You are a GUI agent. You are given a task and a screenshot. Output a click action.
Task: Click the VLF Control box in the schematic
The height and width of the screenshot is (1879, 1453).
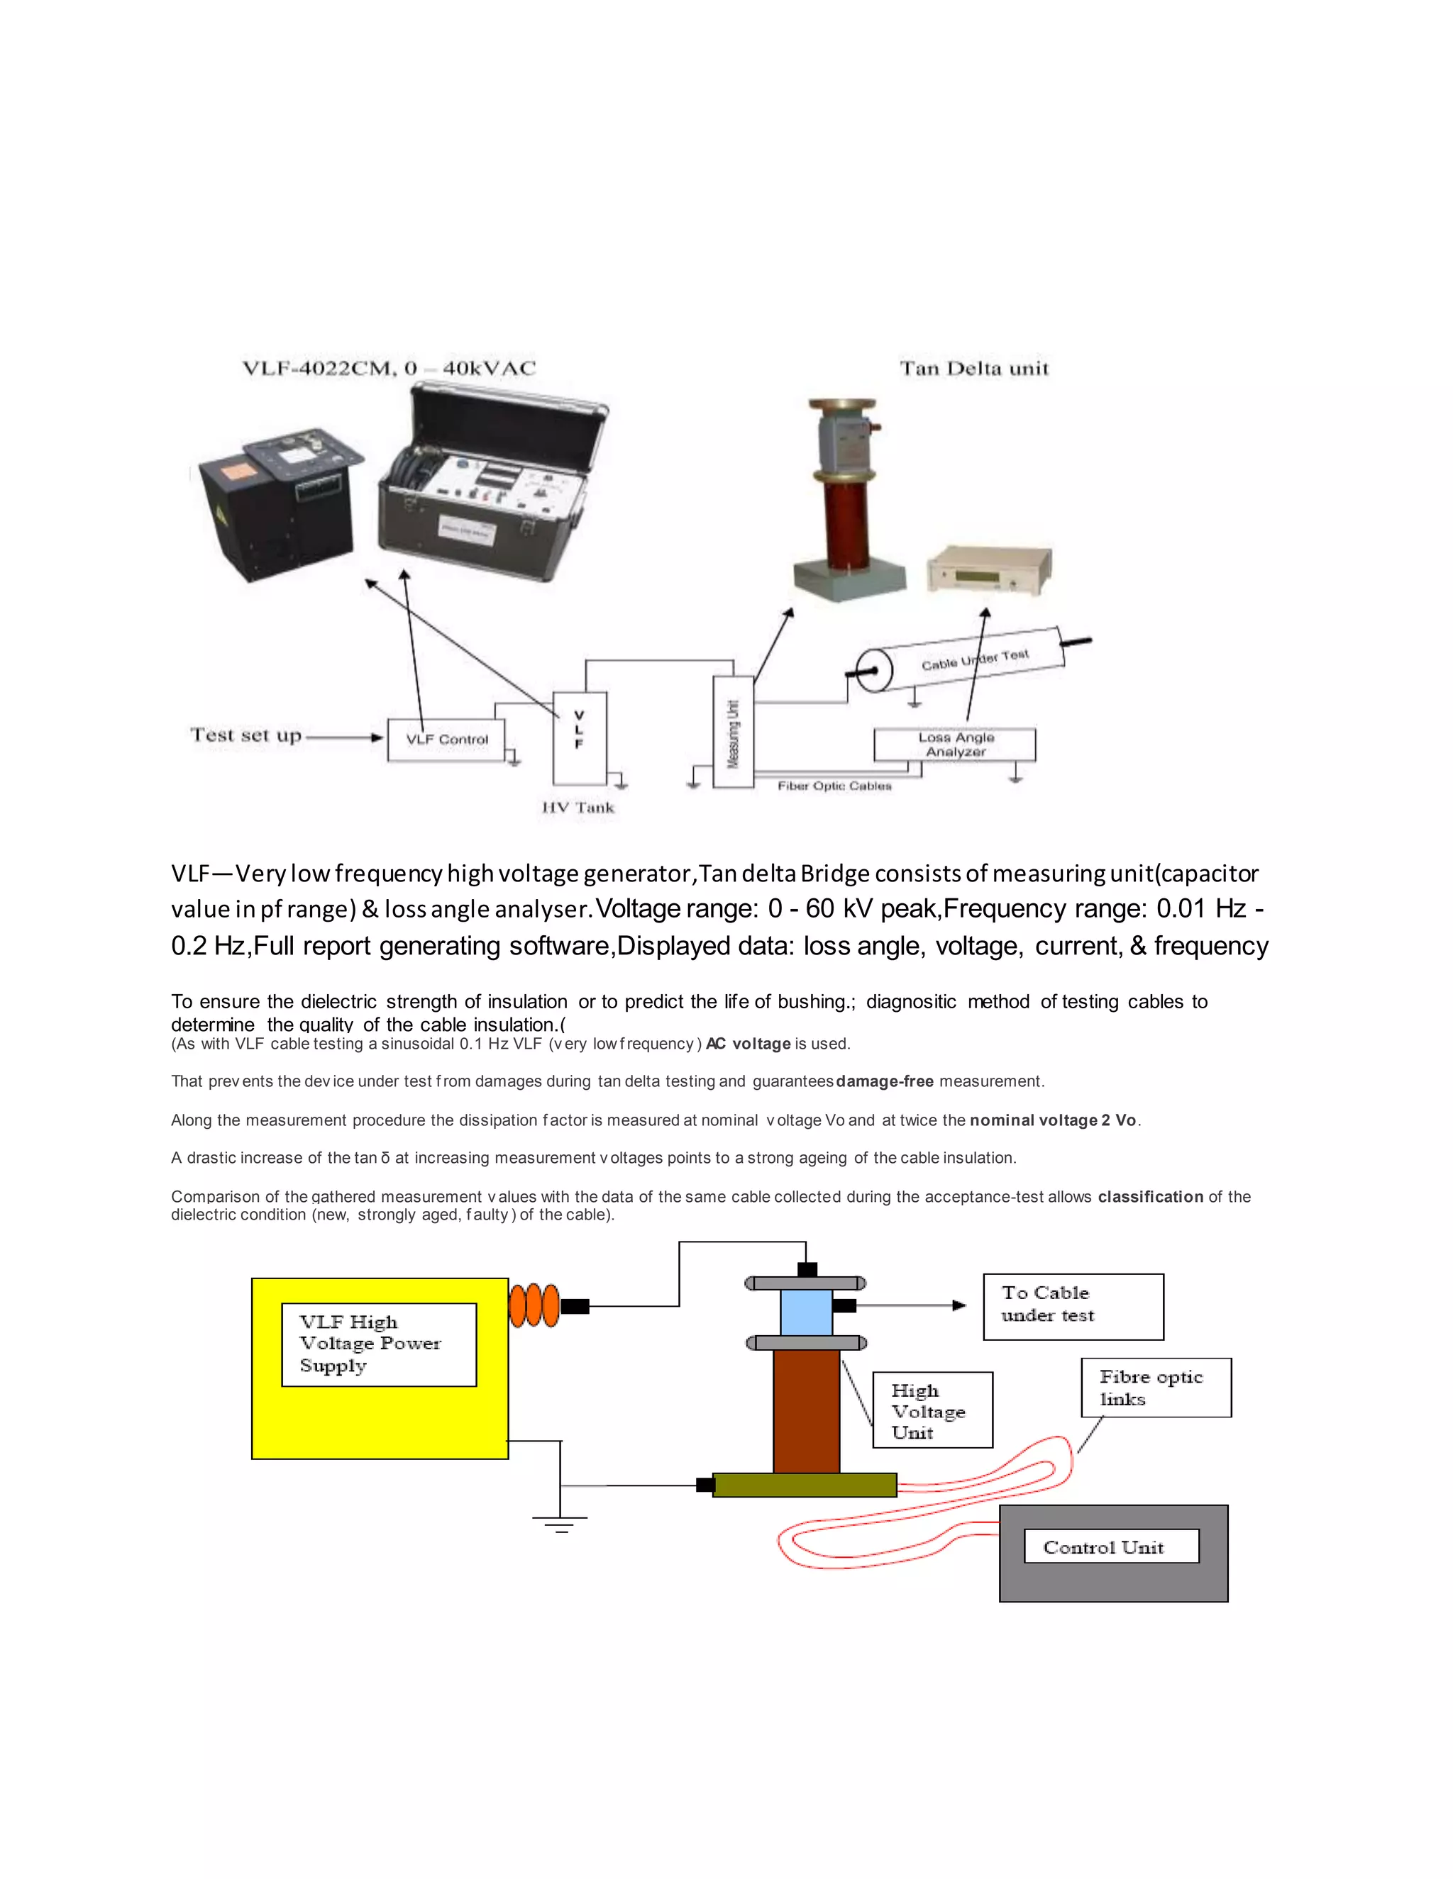(446, 739)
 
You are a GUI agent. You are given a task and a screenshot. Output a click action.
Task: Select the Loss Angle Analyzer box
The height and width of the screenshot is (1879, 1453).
(955, 745)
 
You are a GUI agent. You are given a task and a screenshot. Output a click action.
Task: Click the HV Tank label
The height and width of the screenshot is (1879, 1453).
(578, 807)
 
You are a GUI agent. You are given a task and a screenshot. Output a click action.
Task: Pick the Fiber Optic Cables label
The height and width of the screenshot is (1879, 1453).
(834, 786)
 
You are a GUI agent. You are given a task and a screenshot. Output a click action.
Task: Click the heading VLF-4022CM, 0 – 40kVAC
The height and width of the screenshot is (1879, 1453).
(389, 368)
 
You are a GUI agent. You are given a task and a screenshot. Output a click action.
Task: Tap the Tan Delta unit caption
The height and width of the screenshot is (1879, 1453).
(974, 368)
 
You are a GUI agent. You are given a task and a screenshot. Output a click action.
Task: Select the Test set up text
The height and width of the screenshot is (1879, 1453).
(246, 735)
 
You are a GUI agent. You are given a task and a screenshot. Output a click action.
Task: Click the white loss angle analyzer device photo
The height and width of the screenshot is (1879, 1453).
(990, 569)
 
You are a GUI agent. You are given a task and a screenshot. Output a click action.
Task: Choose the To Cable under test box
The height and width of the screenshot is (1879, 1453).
(1073, 1307)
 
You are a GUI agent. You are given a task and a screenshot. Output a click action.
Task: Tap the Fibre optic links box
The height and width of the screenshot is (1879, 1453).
(1156, 1388)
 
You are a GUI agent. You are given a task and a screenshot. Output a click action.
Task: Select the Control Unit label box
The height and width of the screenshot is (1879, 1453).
(1111, 1546)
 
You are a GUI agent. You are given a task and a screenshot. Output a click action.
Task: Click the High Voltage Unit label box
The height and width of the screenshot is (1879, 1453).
(932, 1410)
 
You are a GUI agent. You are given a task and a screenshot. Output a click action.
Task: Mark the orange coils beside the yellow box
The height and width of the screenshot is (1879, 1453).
(534, 1305)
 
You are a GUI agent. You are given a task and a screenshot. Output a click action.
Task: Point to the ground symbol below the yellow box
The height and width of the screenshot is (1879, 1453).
(560, 1524)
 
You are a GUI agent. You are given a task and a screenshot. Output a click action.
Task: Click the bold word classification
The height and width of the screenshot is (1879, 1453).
(1150, 1197)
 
